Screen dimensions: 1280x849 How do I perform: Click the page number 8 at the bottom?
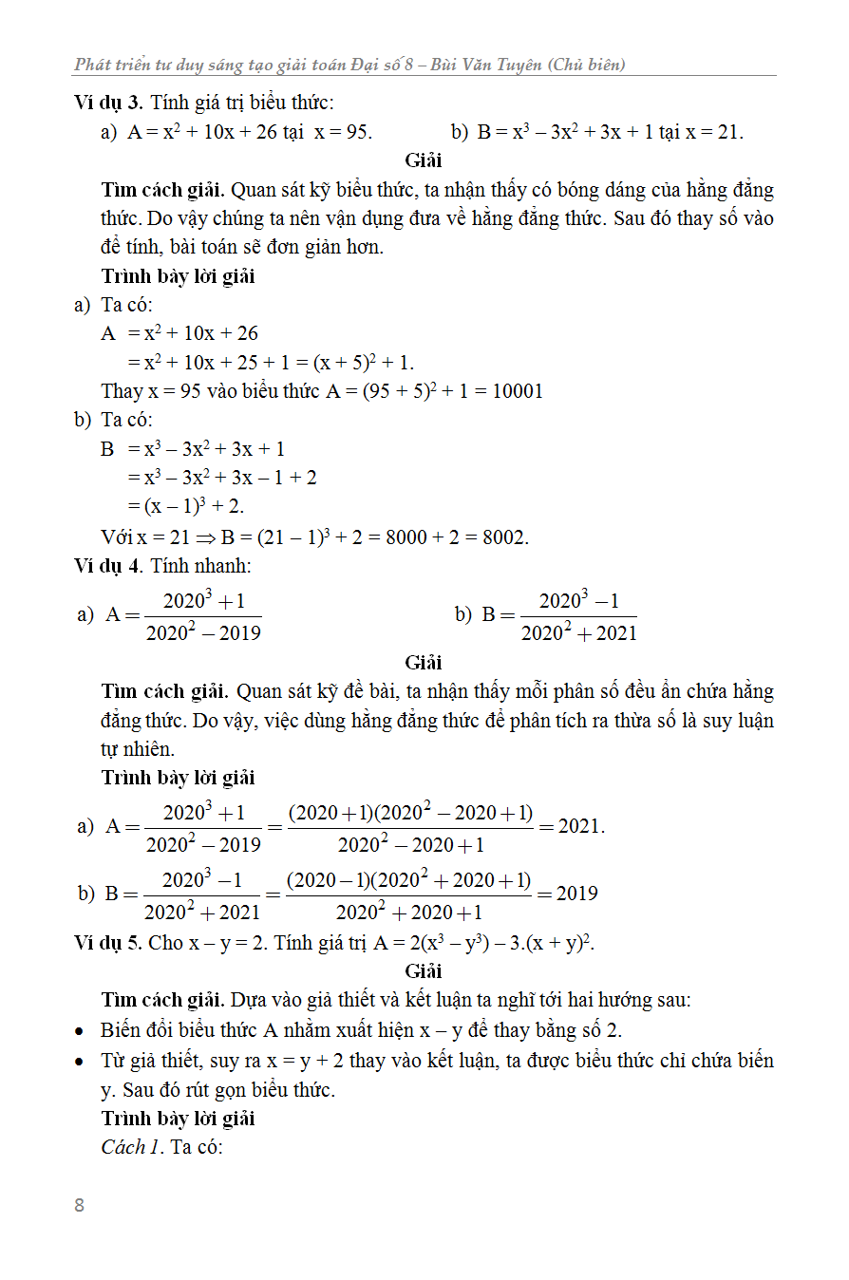[x=79, y=1206]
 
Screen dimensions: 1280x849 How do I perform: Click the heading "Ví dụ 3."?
[x=108, y=103]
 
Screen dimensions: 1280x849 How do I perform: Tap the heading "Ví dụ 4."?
[x=108, y=566]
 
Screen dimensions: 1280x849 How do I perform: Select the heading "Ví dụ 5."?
[x=108, y=942]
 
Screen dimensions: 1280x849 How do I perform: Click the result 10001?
[x=517, y=391]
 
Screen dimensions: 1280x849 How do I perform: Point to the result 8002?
[x=505, y=537]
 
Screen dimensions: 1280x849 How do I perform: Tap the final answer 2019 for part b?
[x=576, y=894]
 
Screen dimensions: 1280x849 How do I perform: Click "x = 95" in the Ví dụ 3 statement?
[x=343, y=132]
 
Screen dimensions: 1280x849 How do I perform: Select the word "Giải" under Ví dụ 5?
[x=424, y=970]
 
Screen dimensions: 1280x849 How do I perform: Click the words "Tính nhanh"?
[x=200, y=566]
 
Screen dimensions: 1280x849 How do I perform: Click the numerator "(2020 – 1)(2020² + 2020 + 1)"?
[x=409, y=880]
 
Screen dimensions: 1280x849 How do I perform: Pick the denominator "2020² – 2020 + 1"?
[x=410, y=844]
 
